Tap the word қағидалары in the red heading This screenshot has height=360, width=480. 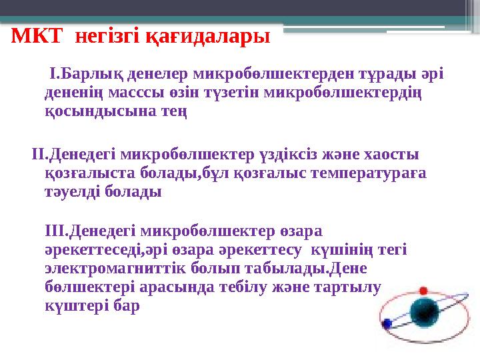[220, 36]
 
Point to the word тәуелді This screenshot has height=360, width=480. [73, 192]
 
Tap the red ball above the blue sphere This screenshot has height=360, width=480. [423, 291]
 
